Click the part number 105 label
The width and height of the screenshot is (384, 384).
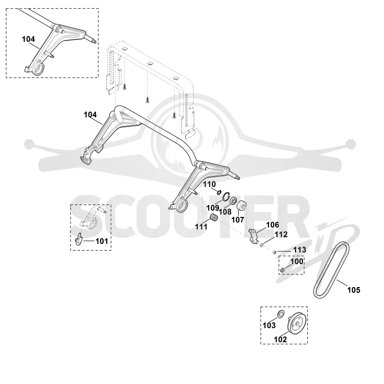pyautogui.click(x=354, y=290)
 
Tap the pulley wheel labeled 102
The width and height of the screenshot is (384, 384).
pyautogui.click(x=297, y=322)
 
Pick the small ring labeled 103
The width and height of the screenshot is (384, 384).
pyautogui.click(x=280, y=313)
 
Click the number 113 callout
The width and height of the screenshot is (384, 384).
pyautogui.click(x=300, y=250)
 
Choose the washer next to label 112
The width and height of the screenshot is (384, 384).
pyautogui.click(x=262, y=244)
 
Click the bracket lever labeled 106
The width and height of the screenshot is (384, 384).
pyautogui.click(x=253, y=236)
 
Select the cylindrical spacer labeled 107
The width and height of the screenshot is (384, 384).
pyautogui.click(x=241, y=206)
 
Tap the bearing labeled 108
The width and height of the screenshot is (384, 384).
pyautogui.click(x=232, y=201)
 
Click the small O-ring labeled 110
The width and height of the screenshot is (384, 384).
pyautogui.click(x=219, y=192)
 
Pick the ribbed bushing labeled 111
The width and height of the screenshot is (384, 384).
pyautogui.click(x=214, y=217)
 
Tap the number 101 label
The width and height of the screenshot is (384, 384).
pyautogui.click(x=102, y=241)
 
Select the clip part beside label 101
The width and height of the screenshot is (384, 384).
pyautogui.click(x=79, y=239)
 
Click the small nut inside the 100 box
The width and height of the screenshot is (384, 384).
pyautogui.click(x=282, y=270)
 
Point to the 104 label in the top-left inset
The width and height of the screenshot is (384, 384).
pyautogui.click(x=28, y=39)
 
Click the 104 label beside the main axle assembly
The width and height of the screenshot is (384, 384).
pyautogui.click(x=90, y=115)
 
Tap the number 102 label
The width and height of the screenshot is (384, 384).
pyautogui.click(x=280, y=339)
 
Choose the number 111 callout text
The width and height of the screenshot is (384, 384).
pyautogui.click(x=201, y=227)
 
